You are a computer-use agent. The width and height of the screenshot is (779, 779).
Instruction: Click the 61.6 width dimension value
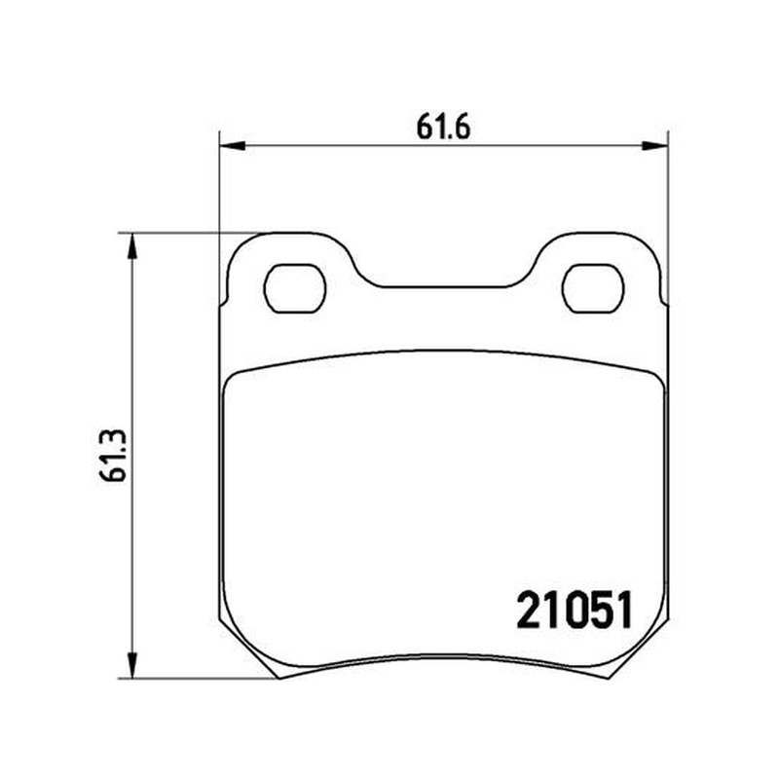click(443, 129)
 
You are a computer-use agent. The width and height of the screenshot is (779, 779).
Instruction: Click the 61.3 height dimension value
click(113, 456)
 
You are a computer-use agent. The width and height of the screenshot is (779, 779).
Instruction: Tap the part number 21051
click(575, 610)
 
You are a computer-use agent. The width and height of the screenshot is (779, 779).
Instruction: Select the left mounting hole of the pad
click(295, 288)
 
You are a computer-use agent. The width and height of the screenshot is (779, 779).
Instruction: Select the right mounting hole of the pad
click(593, 288)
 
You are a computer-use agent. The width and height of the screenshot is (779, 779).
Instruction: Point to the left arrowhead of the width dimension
click(232, 145)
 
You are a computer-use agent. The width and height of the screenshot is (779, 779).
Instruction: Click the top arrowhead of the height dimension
click(131, 246)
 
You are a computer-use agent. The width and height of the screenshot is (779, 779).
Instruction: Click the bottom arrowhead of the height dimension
click(131, 665)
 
